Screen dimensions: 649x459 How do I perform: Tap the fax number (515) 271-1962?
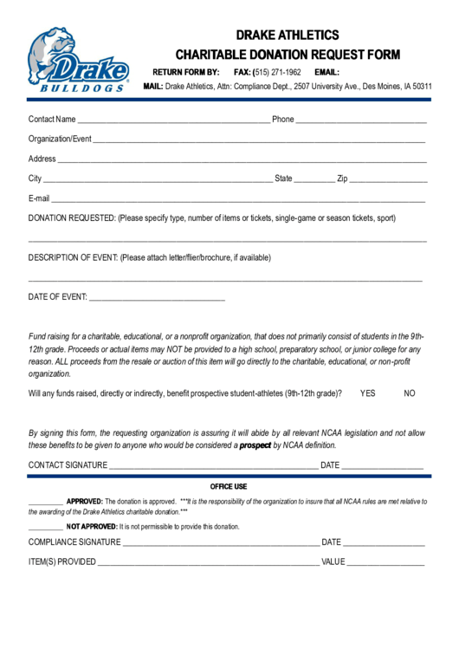276,72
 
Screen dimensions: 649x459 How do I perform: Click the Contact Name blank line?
173,121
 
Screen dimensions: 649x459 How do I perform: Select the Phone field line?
361,121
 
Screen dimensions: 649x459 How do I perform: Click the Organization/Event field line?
259,140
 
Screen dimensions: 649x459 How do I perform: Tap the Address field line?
242,161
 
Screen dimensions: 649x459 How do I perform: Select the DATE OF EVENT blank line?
157,299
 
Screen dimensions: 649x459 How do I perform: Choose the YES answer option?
367,393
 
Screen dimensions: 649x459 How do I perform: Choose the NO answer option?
410,393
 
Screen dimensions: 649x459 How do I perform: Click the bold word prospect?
255,445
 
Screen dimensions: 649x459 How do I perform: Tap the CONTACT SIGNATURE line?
213,467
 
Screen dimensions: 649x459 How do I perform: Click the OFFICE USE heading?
229,486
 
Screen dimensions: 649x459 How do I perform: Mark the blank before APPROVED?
45,503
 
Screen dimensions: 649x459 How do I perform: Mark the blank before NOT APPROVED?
45,528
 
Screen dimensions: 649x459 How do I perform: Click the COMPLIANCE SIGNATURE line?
220,544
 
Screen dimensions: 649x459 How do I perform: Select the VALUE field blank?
386,563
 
